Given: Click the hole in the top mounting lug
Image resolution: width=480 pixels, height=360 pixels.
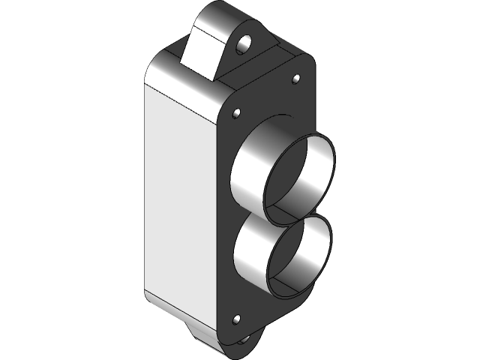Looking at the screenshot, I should coord(244,45).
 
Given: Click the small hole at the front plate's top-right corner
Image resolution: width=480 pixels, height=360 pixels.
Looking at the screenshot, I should coord(295,79).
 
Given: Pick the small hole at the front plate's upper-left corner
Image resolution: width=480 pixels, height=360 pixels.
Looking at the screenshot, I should coord(237,114).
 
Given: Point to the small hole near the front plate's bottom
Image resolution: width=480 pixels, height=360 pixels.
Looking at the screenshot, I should coord(238,320).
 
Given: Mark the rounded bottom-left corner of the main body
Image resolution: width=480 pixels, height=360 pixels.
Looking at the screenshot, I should coord(150,296).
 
